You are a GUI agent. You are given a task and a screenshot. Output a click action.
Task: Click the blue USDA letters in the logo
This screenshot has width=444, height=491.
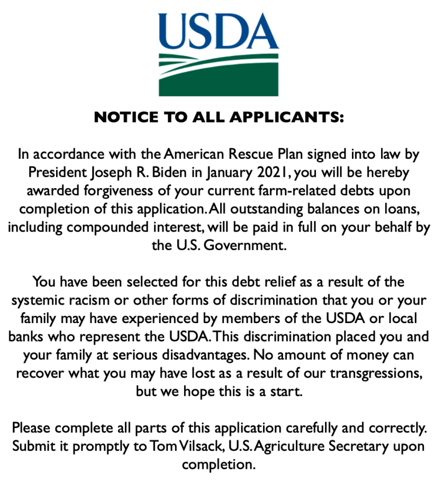[219, 31]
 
